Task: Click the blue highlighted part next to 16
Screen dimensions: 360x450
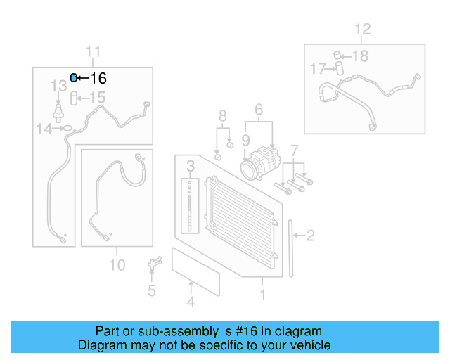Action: (74, 78)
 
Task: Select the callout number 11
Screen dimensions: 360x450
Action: (94, 51)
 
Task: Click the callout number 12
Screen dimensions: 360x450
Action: (361, 30)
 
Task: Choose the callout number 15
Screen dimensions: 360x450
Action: (96, 98)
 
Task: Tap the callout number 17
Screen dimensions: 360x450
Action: (318, 68)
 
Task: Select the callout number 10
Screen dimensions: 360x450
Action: (117, 265)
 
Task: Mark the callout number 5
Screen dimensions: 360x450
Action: (151, 290)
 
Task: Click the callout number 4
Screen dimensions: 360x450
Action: (190, 303)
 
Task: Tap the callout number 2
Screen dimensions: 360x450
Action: (309, 236)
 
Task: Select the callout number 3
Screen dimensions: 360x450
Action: (190, 166)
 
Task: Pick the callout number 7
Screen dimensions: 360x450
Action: (295, 150)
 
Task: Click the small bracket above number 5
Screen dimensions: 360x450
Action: (152, 268)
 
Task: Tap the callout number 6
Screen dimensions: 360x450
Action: (258, 110)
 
